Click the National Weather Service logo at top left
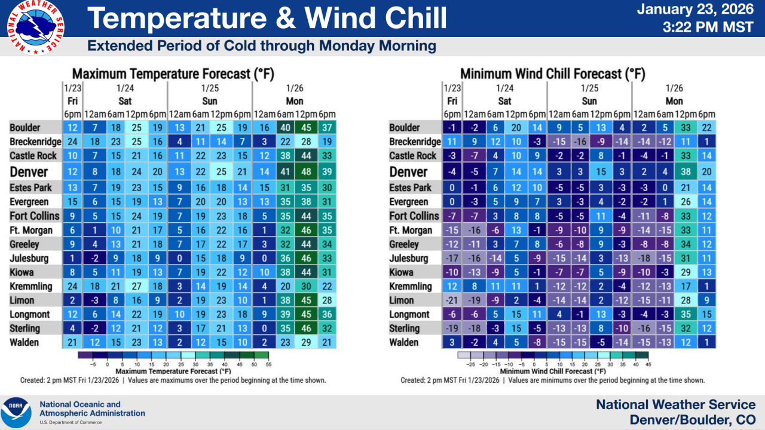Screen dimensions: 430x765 [x=36, y=28]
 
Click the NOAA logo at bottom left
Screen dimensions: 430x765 [x=16, y=412]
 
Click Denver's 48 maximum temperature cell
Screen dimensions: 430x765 [x=306, y=172]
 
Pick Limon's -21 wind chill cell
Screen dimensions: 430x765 [x=452, y=300]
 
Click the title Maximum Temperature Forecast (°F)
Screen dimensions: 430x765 [x=173, y=74]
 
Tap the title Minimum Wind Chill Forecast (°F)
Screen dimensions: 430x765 [x=549, y=74]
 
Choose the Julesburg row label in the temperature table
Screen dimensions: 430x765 [x=29, y=259]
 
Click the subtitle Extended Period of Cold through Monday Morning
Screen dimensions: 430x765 [x=262, y=46]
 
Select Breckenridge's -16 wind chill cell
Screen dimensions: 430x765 [x=580, y=142]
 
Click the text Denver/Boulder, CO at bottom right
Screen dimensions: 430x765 [x=692, y=420]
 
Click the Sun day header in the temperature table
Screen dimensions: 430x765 [x=209, y=101]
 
